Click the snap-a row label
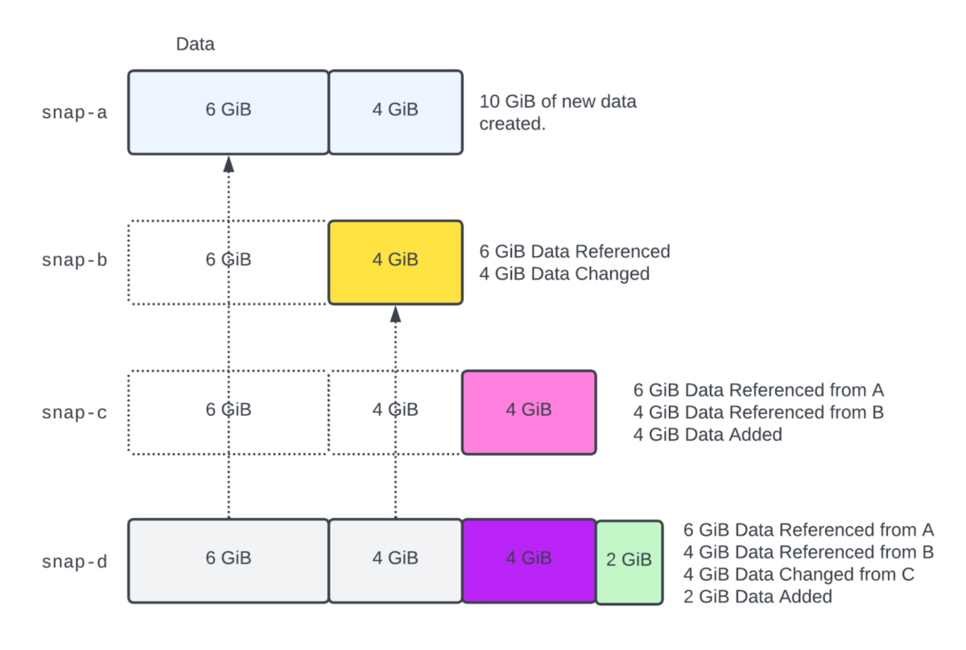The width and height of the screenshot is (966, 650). coord(74,112)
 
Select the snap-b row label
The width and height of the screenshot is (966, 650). coord(74,261)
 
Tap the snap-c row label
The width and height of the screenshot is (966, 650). coord(74,413)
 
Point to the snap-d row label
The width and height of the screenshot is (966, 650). coord(74,562)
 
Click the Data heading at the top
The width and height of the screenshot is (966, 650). coord(196,44)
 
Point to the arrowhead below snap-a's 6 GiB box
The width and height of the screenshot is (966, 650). coord(229,163)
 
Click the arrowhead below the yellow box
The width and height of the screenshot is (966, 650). coord(395,314)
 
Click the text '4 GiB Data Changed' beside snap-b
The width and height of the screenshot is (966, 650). coord(564,274)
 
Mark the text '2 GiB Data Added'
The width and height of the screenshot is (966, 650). coord(758,597)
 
